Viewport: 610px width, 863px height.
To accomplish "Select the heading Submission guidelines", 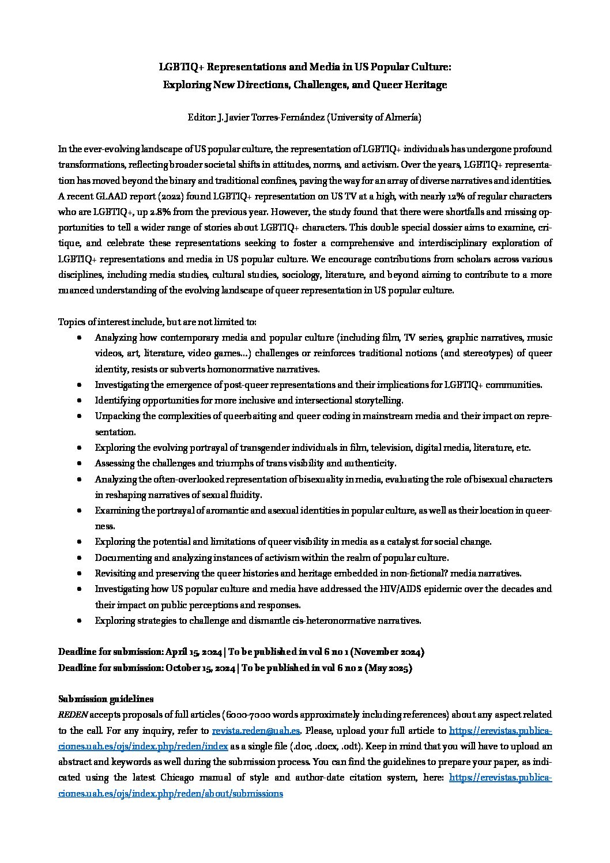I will tap(106, 699).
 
